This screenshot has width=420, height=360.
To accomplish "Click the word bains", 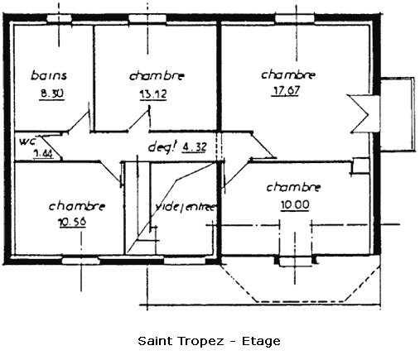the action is [49, 75].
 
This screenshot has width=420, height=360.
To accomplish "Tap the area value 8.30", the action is [52, 94].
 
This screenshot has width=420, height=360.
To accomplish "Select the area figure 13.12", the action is [153, 94].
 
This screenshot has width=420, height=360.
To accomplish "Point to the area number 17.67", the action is [286, 90].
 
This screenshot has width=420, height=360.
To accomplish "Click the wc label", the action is [27, 142].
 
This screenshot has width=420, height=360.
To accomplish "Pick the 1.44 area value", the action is [43, 153].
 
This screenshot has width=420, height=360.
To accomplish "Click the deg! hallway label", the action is [162, 146].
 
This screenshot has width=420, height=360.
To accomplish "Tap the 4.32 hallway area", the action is [194, 146].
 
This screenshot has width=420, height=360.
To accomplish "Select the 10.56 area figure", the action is [72, 222].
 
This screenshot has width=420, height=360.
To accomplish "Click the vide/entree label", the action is [185, 207].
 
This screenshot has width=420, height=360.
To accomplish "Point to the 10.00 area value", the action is [295, 205].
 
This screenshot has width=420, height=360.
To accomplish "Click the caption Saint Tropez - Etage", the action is [209, 341].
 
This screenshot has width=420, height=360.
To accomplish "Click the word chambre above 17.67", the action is [288, 74].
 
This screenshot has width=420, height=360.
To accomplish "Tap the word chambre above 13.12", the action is [157, 76].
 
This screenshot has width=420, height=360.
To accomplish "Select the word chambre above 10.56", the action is [77, 206].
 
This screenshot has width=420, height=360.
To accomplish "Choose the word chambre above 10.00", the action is [293, 187].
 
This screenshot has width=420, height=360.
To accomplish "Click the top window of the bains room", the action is [59, 18].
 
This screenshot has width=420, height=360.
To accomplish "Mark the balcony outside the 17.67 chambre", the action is [398, 114].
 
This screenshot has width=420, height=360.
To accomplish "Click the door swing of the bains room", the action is [79, 122].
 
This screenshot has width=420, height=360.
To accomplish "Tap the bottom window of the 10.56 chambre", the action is [80, 261].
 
